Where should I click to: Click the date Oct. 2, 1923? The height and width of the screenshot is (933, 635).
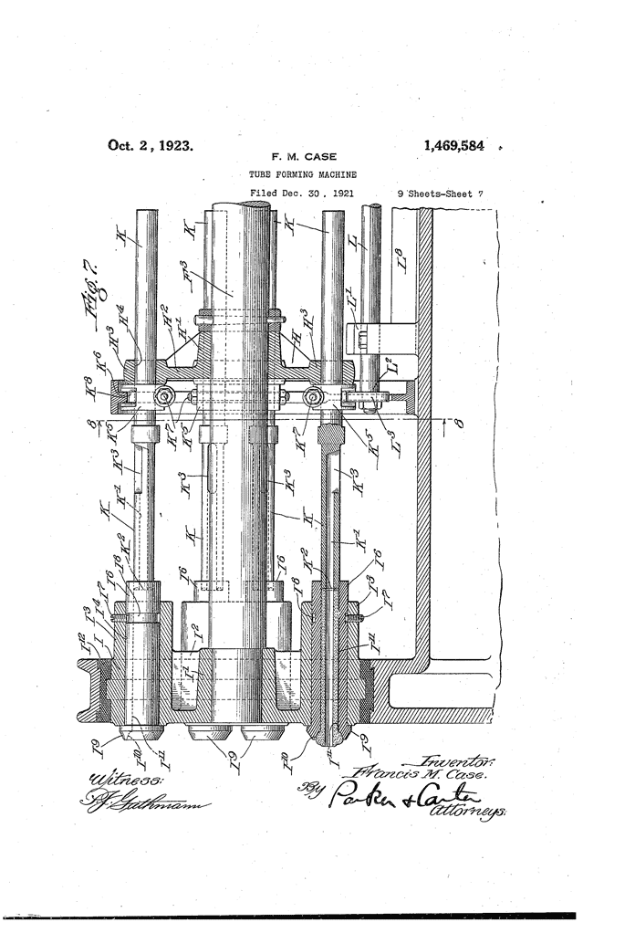(x=151, y=144)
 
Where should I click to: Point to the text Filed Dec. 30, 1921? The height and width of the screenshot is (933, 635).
(x=302, y=194)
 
